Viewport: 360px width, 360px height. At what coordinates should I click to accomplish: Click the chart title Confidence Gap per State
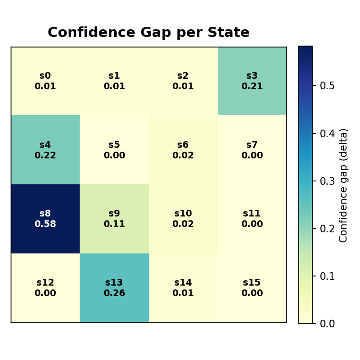tap(148, 33)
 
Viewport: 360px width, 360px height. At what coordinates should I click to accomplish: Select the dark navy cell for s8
tap(45, 219)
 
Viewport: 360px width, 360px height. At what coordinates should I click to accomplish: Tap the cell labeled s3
tap(252, 81)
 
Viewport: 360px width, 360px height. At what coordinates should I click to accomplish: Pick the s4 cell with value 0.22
tap(45, 150)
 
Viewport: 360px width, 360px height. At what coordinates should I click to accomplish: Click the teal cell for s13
tap(114, 288)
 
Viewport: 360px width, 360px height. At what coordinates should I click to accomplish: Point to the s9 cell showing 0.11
tap(114, 219)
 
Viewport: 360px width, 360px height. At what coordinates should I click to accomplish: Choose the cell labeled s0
tap(45, 81)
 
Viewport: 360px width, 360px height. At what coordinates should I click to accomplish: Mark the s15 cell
tap(252, 288)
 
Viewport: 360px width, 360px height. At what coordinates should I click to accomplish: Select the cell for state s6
tap(183, 150)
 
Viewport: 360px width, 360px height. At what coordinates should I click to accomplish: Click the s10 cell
tap(183, 219)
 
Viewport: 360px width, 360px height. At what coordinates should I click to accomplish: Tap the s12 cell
tap(45, 288)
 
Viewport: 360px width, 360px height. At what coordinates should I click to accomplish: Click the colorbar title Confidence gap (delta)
tap(344, 185)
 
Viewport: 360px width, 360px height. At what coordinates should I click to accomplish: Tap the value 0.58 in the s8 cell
tap(45, 224)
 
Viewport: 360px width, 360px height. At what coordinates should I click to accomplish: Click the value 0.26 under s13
tap(114, 293)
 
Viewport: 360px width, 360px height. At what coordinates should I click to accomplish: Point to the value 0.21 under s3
tap(252, 86)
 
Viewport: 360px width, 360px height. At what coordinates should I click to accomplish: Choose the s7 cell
tap(252, 150)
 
